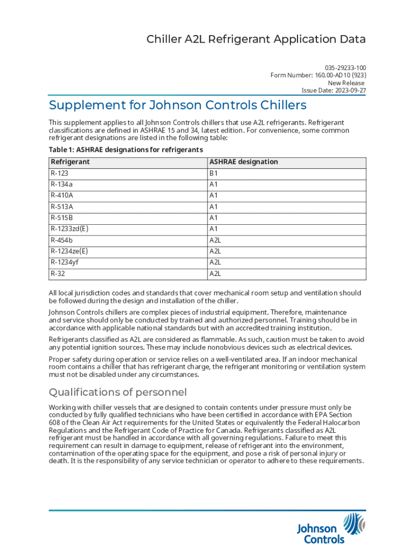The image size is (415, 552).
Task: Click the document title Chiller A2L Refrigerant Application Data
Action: [257, 39]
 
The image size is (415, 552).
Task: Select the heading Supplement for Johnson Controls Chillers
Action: [177, 105]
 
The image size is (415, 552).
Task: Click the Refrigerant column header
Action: [70, 162]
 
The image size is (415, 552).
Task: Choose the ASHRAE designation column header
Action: [244, 162]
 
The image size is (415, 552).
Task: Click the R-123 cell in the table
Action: [60, 174]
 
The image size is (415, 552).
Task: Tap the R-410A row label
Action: [62, 196]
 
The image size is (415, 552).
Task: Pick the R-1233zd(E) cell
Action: [70, 229]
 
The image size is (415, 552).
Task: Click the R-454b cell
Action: [61, 240]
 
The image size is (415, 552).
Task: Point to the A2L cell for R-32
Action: [216, 274]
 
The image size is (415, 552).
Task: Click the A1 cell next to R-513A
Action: [213, 207]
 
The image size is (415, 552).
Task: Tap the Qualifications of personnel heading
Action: [117, 392]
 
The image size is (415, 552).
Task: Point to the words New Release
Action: [347, 82]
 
